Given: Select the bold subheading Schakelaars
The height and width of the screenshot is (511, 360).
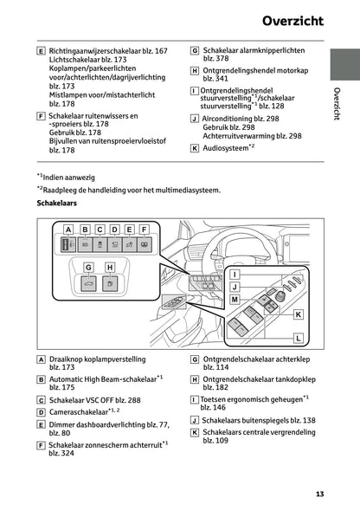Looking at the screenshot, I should point(59,204).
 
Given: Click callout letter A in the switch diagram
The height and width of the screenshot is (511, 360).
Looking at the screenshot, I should point(67,230).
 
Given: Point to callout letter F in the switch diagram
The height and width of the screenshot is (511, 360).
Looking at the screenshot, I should point(144,230).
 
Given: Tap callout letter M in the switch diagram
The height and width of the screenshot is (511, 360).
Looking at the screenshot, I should point(234,299).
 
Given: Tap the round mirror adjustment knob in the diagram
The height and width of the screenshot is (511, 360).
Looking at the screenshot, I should point(280,295).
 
